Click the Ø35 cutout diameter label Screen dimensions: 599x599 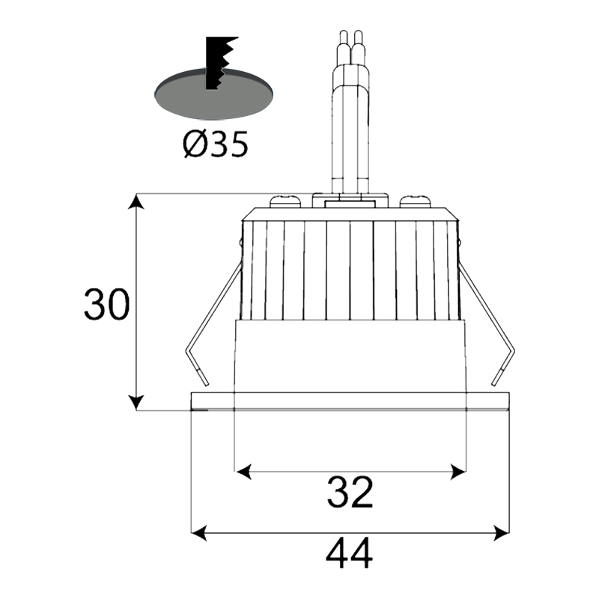pos(214,143)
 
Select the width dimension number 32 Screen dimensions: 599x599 pos(350,493)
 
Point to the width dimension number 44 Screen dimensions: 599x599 pos(350,555)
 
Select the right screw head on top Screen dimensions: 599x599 pos(415,201)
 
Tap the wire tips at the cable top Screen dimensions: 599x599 pos(350,37)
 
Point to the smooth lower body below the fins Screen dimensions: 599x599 pos(350,356)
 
